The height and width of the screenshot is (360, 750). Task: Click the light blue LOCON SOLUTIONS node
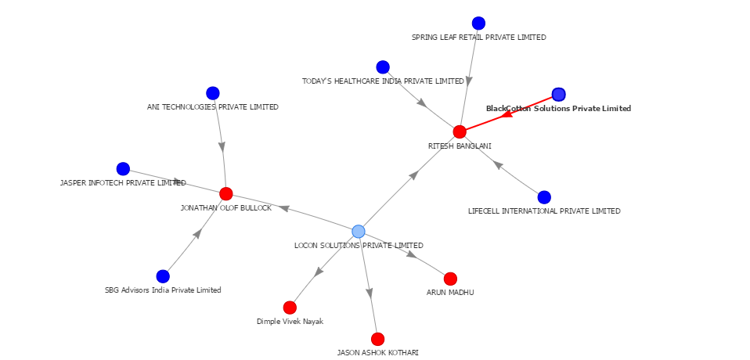point(359,231)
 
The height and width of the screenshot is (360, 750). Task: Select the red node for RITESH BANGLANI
point(460,131)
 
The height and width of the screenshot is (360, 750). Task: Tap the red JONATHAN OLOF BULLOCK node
point(226,194)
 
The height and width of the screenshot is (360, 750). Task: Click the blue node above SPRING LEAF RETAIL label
point(478,23)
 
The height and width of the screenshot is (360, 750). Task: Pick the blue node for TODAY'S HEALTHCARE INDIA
point(383,67)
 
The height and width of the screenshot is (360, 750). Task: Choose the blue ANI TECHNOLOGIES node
point(213,93)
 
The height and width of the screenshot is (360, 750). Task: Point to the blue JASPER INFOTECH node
point(123,169)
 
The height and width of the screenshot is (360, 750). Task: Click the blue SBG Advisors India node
point(163,275)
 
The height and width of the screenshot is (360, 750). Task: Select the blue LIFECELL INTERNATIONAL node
point(544,197)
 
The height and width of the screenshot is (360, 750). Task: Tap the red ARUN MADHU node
point(450,279)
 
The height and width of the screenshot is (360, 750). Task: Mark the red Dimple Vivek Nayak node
point(290,308)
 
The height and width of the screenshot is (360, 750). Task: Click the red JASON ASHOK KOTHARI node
point(378,339)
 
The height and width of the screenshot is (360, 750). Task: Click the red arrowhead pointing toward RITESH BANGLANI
point(507,114)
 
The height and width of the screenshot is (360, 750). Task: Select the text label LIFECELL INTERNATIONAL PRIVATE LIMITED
point(544,211)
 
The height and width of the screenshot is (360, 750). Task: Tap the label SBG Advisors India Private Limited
point(163,290)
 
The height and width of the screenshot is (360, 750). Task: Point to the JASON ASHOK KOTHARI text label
point(377,353)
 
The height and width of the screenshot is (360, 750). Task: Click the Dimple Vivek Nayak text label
point(290,322)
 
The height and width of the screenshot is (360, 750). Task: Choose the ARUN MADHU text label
point(450,293)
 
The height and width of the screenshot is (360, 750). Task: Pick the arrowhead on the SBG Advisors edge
point(198,233)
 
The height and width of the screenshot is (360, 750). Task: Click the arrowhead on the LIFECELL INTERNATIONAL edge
point(497,164)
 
